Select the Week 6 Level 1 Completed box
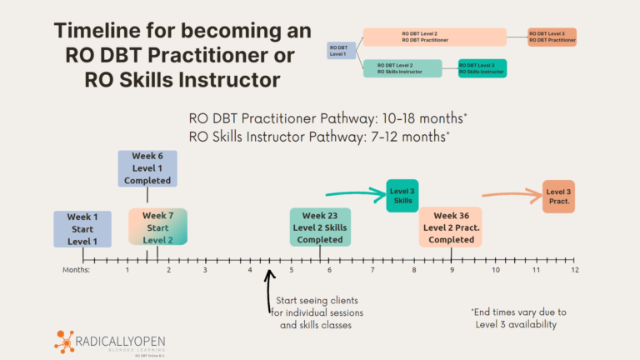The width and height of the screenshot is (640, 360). (147, 168)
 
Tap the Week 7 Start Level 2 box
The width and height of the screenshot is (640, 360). (157, 227)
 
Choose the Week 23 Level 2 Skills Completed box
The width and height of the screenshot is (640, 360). (321, 227)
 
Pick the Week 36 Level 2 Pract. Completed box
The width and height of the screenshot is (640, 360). (451, 227)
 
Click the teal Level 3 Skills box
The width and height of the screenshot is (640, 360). (402, 196)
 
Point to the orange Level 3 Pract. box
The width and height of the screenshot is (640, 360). (558, 196)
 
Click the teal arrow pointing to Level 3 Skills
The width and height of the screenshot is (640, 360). (354, 194)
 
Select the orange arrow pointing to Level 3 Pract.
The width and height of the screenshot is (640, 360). (509, 196)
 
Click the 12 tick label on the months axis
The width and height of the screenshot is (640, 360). (574, 270)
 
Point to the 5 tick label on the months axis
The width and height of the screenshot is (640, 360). (292, 270)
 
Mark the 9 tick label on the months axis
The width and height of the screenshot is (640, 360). (452, 270)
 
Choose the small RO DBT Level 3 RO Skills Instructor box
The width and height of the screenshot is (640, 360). (482, 68)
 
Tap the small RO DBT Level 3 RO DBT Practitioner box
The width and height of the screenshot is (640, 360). (552, 37)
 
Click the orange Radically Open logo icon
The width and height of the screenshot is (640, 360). (65, 341)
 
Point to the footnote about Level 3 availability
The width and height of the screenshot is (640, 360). (512, 319)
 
